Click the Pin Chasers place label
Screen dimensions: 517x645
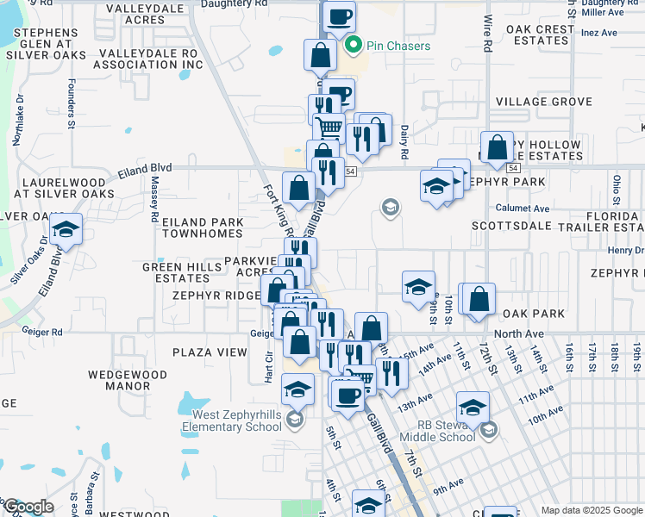[x=398, y=46]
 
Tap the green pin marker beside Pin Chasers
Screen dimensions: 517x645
[x=352, y=47]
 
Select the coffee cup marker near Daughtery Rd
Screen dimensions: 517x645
[x=339, y=16]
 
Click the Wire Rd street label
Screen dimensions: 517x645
[x=487, y=32]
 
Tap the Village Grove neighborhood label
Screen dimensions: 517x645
[x=544, y=102]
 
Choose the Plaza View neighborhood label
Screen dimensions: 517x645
[x=210, y=352]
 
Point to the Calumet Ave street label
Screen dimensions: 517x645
[x=522, y=209]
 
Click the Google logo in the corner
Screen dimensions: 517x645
[x=28, y=507]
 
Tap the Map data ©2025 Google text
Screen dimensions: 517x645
[x=591, y=510]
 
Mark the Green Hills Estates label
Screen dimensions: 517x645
[x=176, y=272]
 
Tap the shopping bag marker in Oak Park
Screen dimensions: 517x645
[x=479, y=300]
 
